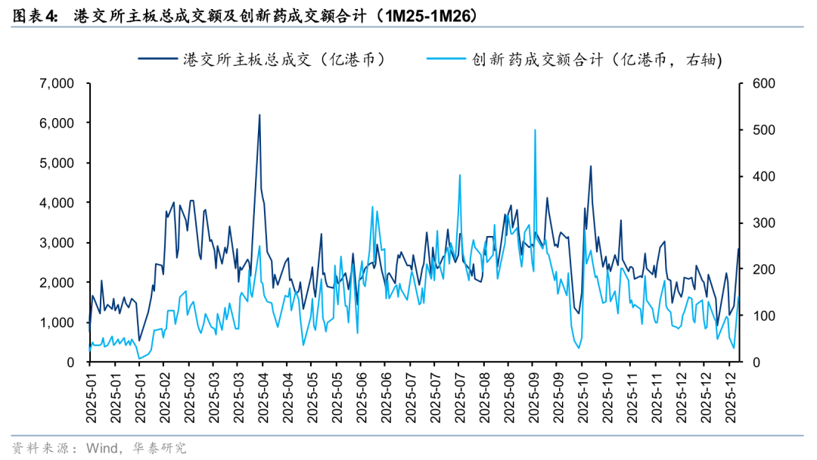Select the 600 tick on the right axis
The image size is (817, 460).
(757, 82)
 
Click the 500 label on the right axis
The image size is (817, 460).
(757, 129)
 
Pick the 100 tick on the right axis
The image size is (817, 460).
(757, 315)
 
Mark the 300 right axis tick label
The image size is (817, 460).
(757, 222)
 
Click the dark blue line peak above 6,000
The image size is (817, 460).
(259, 115)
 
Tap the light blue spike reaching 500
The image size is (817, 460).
(535, 130)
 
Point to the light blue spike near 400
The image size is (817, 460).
(460, 176)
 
